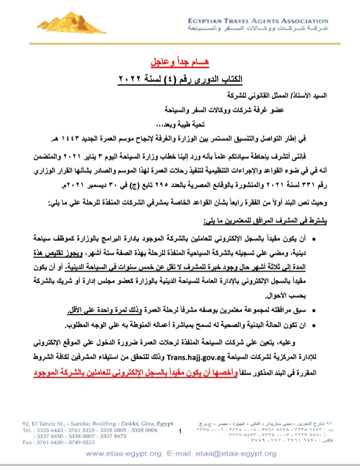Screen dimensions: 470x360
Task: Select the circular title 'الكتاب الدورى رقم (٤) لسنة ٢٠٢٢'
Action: (180, 78)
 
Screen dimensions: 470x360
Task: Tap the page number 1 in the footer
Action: (179, 430)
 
